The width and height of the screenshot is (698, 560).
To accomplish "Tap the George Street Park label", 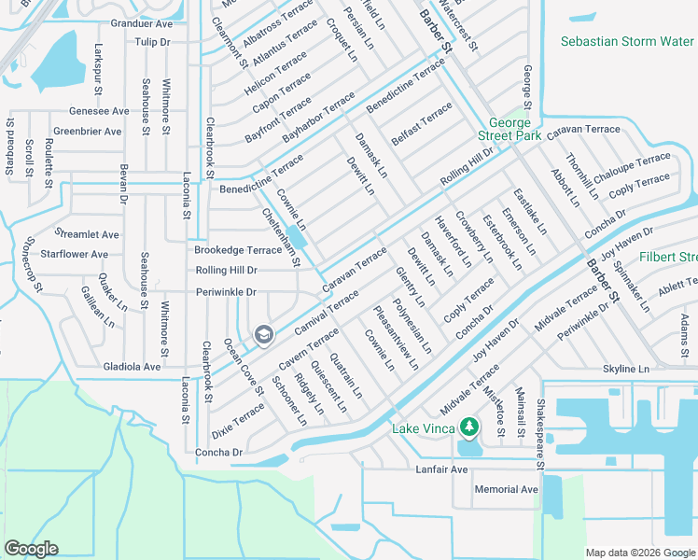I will click(510, 130).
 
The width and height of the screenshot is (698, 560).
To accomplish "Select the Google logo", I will click(31, 549).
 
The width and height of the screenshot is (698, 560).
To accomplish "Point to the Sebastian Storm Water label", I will click(627, 41).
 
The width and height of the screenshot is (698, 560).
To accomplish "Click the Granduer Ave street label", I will click(142, 23).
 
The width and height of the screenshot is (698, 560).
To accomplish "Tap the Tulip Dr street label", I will click(152, 42).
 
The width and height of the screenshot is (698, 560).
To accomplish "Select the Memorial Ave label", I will click(506, 489).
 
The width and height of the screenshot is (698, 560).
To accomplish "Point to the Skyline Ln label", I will click(632, 370).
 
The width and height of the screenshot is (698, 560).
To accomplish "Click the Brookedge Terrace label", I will click(237, 250).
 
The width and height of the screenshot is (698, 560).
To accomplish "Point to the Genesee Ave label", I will click(99, 111).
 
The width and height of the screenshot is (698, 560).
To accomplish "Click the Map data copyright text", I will click(638, 551).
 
